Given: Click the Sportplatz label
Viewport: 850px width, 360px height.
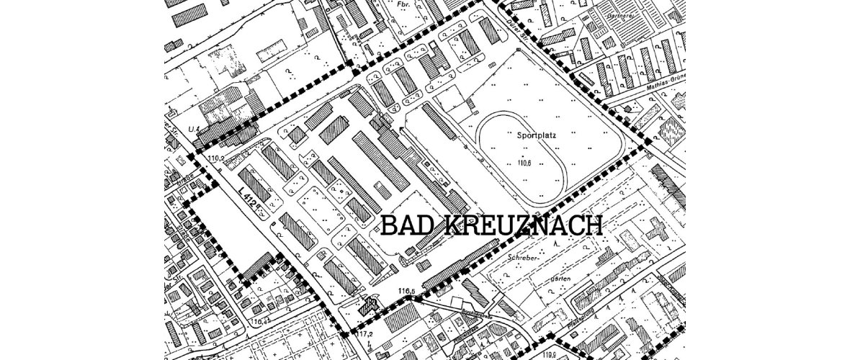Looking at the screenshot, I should point(537,133).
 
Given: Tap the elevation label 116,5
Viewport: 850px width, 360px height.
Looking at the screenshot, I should point(407,291).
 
